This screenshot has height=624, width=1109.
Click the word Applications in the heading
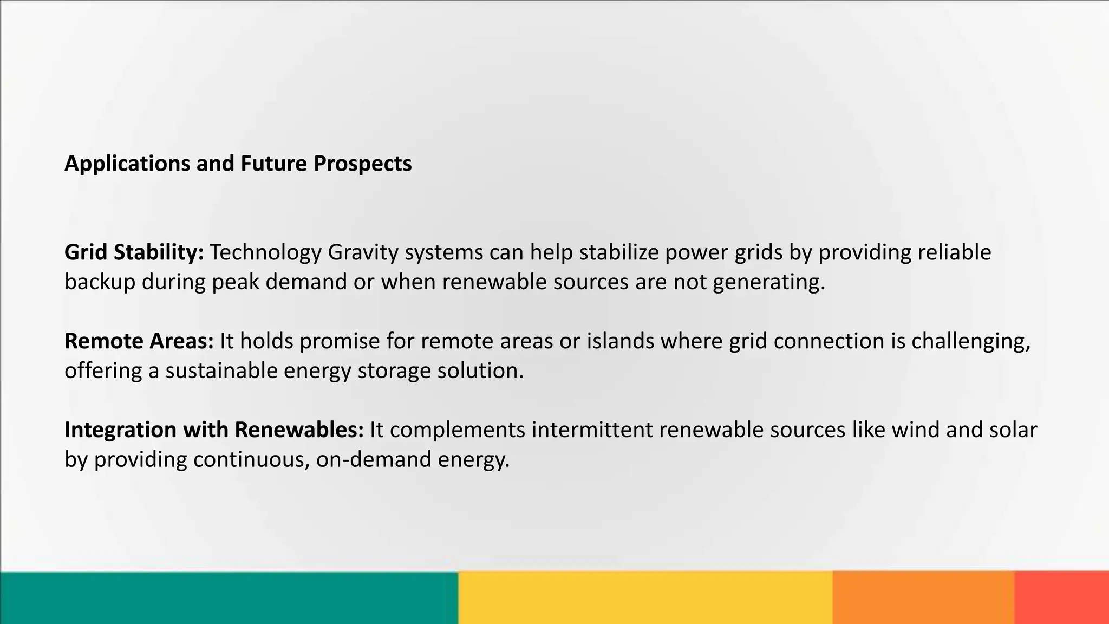(127, 164)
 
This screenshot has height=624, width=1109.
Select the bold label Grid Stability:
(134, 252)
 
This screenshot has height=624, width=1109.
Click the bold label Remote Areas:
(139, 341)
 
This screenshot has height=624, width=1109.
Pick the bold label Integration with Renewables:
(214, 430)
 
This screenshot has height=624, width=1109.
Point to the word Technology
(265, 252)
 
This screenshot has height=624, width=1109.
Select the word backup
(100, 282)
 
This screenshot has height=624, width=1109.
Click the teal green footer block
(229, 597)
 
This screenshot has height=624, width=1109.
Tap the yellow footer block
(645, 597)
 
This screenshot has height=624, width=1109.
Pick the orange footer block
(923, 597)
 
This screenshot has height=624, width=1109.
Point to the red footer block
(1061, 597)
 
